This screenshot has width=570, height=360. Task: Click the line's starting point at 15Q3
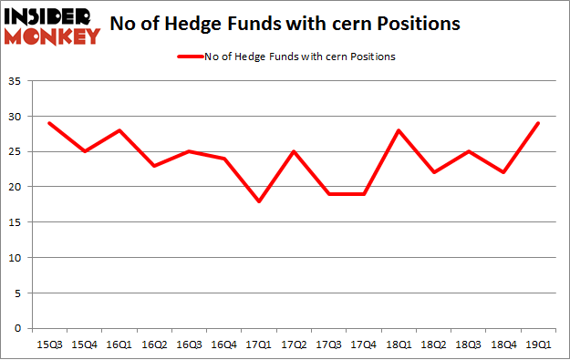click(51, 123)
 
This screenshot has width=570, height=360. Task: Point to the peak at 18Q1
click(398, 130)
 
